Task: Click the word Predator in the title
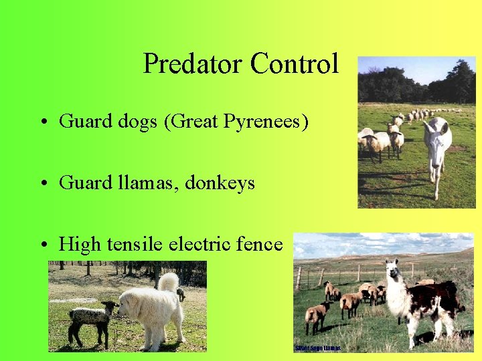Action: coord(193,64)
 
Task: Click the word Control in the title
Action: coord(295,64)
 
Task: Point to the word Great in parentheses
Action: coord(185,122)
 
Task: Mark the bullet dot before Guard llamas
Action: coord(42,183)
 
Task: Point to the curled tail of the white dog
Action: coord(169,281)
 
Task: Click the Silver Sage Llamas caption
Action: coord(318,348)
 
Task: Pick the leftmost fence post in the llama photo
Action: coord(299,279)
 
